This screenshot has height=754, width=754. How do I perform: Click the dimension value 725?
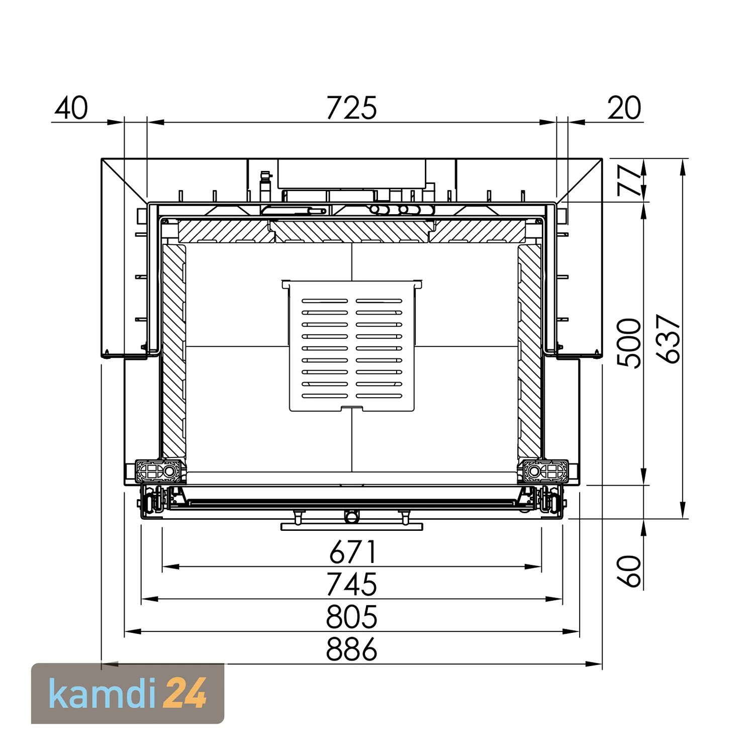(351, 108)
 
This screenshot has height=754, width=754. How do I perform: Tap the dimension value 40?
(71, 108)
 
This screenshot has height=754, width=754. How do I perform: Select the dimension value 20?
(624, 108)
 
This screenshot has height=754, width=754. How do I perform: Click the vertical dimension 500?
(629, 343)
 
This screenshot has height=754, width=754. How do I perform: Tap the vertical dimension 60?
(630, 571)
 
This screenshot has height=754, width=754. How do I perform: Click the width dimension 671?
(352, 552)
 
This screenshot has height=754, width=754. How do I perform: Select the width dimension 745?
(351, 584)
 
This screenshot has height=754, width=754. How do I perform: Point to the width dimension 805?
(351, 616)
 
